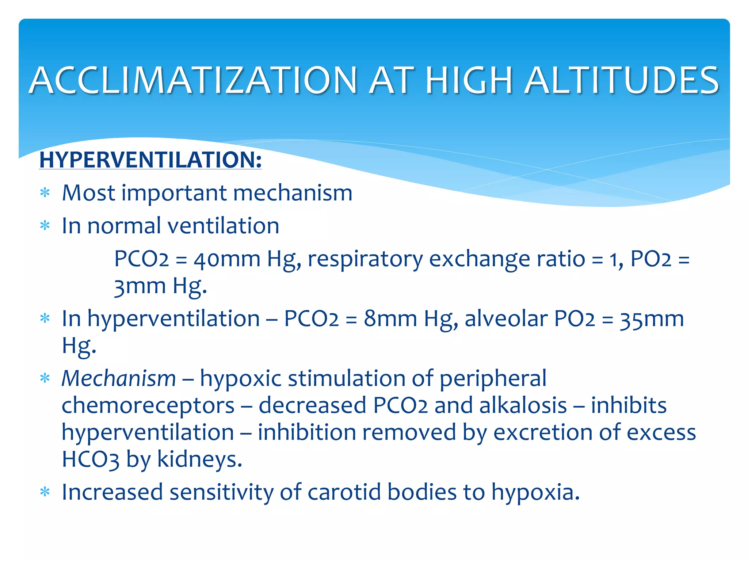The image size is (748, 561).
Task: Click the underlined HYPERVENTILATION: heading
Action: pos(150,160)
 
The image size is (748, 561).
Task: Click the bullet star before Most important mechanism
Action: pos(45,192)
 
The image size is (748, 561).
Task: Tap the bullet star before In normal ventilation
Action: pos(45,226)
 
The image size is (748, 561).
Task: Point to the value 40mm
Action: pos(227,259)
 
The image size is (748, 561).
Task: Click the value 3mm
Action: pos(140,286)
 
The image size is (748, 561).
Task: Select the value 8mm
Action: pos(390,318)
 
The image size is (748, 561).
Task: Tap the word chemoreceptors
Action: pos(148,405)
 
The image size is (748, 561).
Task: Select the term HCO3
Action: pos(90,459)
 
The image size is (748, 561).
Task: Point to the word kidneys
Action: pos(199,459)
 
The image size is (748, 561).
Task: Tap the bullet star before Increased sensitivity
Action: pos(45,492)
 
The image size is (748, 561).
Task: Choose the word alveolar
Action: pos(506,318)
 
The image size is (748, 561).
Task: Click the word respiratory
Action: pos(365,259)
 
